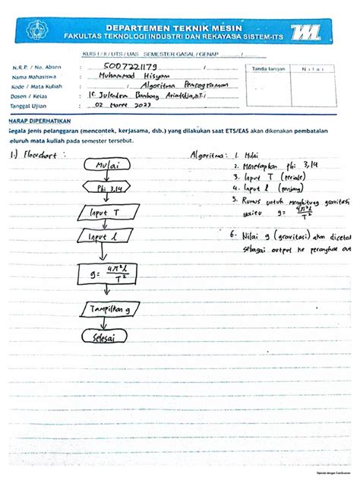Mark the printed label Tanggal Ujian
pos(29,104)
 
